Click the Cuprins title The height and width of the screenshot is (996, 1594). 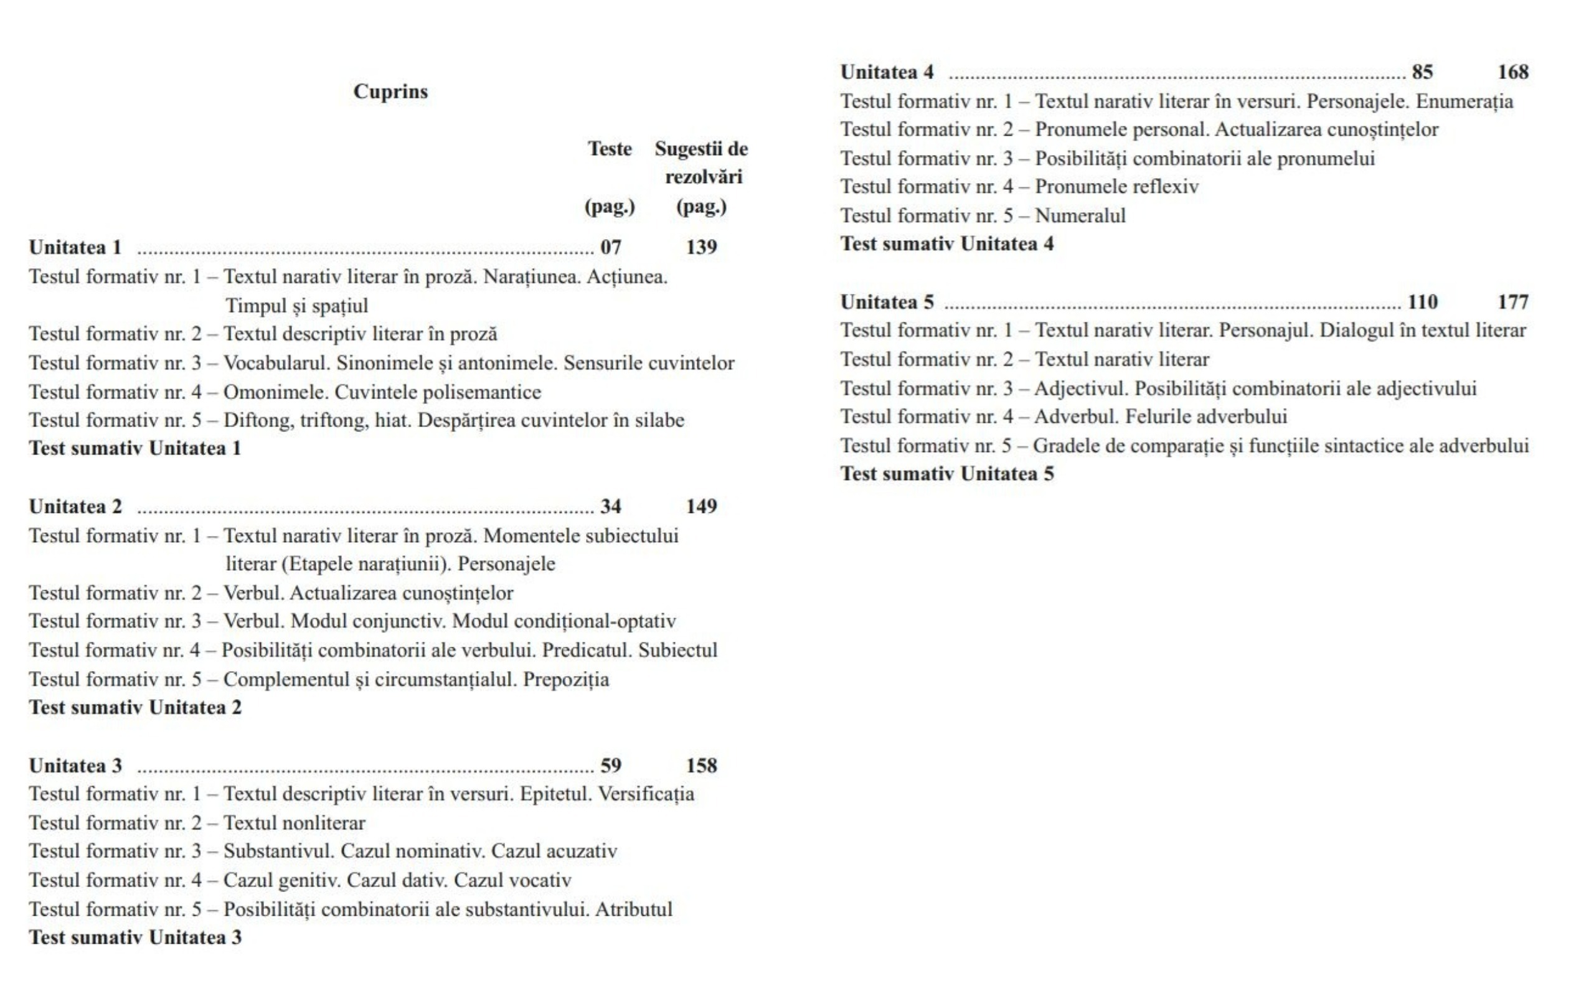coord(390,92)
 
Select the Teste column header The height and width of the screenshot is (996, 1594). coord(610,149)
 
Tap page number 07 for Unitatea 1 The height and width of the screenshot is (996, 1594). coord(611,247)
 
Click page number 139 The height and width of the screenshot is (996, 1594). coord(701,247)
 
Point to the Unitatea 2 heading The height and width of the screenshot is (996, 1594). coord(76,507)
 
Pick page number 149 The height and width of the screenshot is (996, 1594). coord(701,507)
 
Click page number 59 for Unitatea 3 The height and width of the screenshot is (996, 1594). coord(611,766)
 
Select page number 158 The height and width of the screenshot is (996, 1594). coord(701,766)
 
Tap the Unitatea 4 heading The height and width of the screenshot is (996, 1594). coord(887,72)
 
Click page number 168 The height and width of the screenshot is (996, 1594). coord(1512,72)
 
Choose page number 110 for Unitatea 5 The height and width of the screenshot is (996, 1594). coord(1422,303)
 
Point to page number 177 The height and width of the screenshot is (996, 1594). coord(1512,303)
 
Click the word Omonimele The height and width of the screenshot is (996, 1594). coord(275,392)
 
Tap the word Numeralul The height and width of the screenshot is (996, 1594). coord(1080,215)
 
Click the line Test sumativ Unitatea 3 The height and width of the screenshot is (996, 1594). coord(135,937)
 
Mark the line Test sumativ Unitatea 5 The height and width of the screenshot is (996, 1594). coord(946,474)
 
